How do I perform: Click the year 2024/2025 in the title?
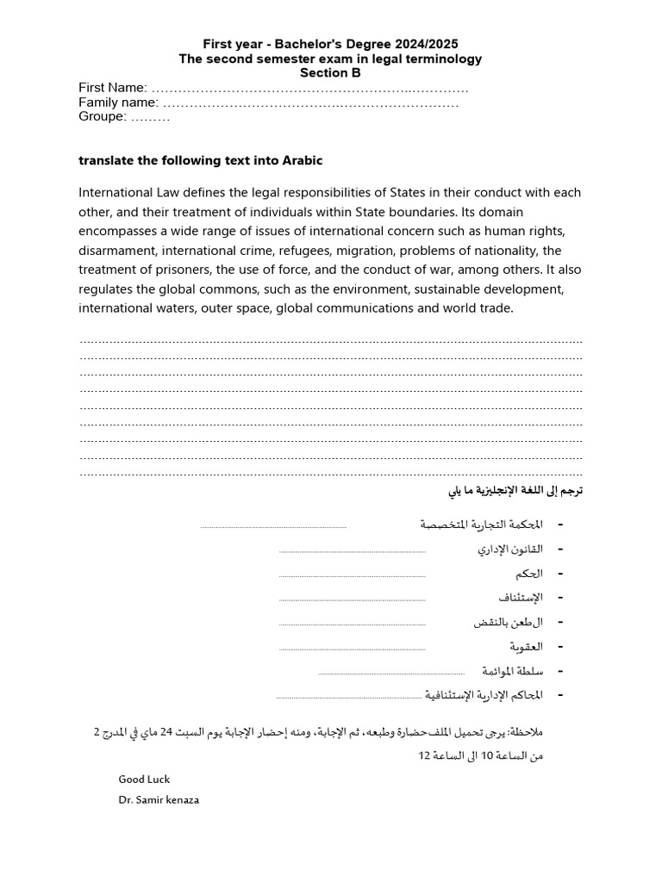coord(424,44)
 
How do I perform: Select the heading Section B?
coord(330,73)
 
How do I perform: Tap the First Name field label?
coord(113,88)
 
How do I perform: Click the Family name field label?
coord(118,102)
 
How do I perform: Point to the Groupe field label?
coord(103,117)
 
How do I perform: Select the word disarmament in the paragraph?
coord(122,251)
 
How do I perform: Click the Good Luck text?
coord(144,780)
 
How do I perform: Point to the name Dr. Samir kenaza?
coord(159,799)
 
